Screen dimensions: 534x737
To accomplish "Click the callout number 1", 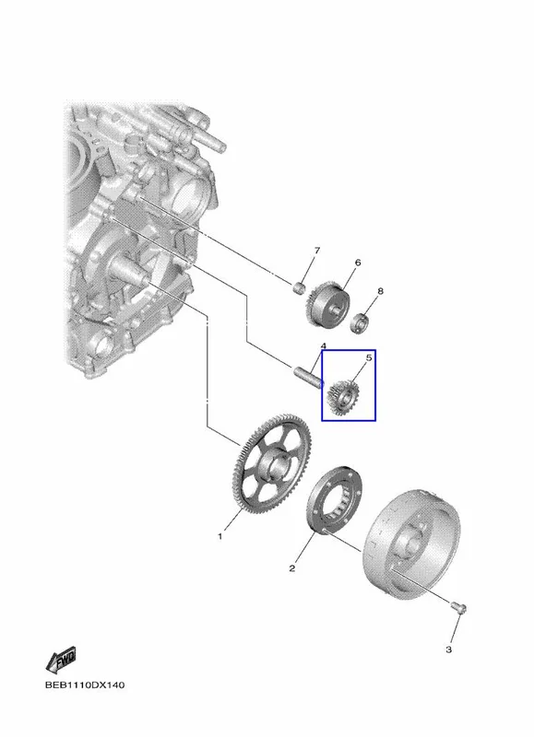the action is tap(220, 536).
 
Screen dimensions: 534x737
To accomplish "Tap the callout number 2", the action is tap(292, 568).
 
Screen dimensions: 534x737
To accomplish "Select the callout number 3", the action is tap(448, 649).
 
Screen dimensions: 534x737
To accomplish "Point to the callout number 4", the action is tap(323, 346).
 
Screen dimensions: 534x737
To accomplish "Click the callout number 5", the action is tap(369, 358).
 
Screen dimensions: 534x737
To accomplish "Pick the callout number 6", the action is tap(358, 263).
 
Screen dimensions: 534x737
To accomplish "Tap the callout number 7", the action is tap(316, 251).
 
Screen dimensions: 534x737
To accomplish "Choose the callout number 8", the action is tap(380, 291).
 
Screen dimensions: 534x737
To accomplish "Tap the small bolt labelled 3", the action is tap(458, 607).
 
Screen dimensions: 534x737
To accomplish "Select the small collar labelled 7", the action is tap(298, 287).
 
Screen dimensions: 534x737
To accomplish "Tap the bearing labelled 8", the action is tap(362, 322).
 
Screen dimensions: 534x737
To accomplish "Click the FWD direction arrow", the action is tap(61, 661).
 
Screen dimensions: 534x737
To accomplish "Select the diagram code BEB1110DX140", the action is tap(85, 684).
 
